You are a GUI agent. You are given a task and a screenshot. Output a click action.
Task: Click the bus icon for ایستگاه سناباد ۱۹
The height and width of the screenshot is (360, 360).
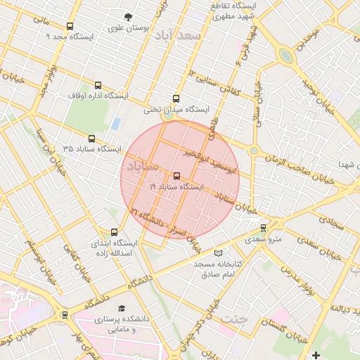click(176, 176)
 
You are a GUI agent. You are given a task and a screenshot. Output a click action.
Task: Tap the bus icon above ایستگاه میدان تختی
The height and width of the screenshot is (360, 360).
click(176, 98)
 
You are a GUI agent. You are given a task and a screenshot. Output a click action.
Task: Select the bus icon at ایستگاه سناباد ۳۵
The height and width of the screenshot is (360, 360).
click(91, 139)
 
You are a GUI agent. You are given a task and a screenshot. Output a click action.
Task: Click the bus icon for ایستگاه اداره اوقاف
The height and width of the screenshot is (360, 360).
click(96, 85)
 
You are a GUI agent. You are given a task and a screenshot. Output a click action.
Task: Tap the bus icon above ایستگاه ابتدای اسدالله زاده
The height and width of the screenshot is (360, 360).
click(115, 232)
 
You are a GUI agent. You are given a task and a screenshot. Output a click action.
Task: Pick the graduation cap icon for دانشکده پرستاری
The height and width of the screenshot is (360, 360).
click(122, 309)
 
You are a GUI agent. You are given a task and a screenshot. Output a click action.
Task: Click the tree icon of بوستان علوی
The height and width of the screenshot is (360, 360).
click(128, 17)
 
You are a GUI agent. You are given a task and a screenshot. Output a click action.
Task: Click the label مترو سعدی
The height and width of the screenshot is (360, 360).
click(263, 240)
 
